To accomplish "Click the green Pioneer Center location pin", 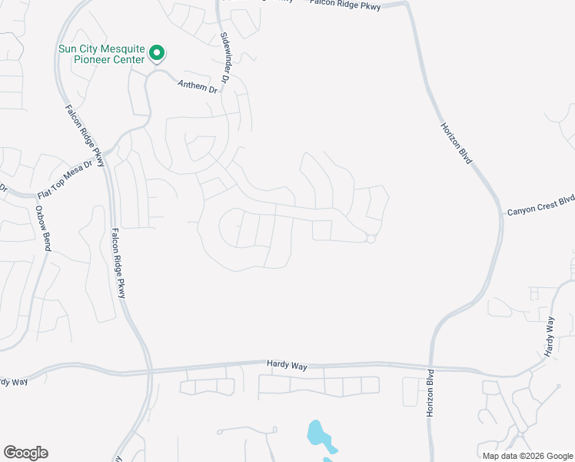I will click(x=157, y=53).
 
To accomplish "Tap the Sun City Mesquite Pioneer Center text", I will click(x=101, y=53).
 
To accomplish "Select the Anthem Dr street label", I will click(x=198, y=87).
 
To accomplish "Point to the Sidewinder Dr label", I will click(x=225, y=59).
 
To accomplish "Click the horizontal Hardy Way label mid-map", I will click(x=287, y=366).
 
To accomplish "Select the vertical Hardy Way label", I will click(x=550, y=336).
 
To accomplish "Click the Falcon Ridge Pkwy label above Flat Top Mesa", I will click(x=85, y=136).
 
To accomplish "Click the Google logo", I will click(x=25, y=453).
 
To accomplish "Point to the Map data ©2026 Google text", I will click(x=527, y=456).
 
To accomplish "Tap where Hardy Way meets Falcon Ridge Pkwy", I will click(x=149, y=372).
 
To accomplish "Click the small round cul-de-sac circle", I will click(x=370, y=239).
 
